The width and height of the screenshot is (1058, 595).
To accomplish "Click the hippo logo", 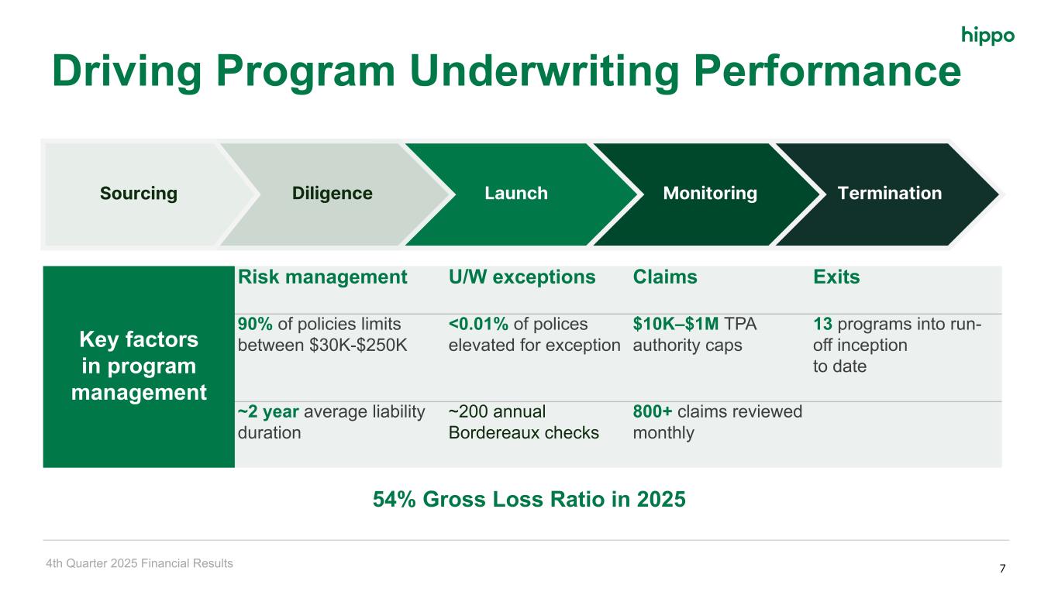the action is coord(987,36).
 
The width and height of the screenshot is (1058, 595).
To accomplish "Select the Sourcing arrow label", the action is coord(139,194).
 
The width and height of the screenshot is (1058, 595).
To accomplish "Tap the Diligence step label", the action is coord(332,193).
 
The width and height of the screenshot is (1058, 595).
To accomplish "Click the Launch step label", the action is coord(516,193).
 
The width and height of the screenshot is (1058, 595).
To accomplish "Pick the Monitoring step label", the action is coord(710,194).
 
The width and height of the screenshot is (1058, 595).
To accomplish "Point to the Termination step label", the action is coord(889,193).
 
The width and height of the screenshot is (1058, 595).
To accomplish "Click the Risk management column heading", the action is coord(322,277).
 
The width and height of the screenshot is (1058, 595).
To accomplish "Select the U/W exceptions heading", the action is coord(522,277).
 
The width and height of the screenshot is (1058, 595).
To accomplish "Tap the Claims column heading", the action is coord(664,277).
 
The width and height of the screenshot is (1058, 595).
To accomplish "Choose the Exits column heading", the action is coord(836,277).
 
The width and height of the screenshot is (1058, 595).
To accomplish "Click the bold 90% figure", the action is coord(255,324).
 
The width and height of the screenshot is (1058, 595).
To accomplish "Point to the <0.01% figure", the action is coord(478,324).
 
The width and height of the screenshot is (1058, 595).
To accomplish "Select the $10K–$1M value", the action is coord(676,324).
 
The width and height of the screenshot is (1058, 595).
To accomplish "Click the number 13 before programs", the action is coord(822,324).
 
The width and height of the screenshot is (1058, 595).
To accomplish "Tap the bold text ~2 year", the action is coord(268,412).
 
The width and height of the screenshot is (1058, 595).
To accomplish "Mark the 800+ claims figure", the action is coord(653,411).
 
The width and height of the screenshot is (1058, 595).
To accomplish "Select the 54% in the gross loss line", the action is coord(394,499).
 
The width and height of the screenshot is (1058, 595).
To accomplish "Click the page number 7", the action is coord(1002,568).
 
